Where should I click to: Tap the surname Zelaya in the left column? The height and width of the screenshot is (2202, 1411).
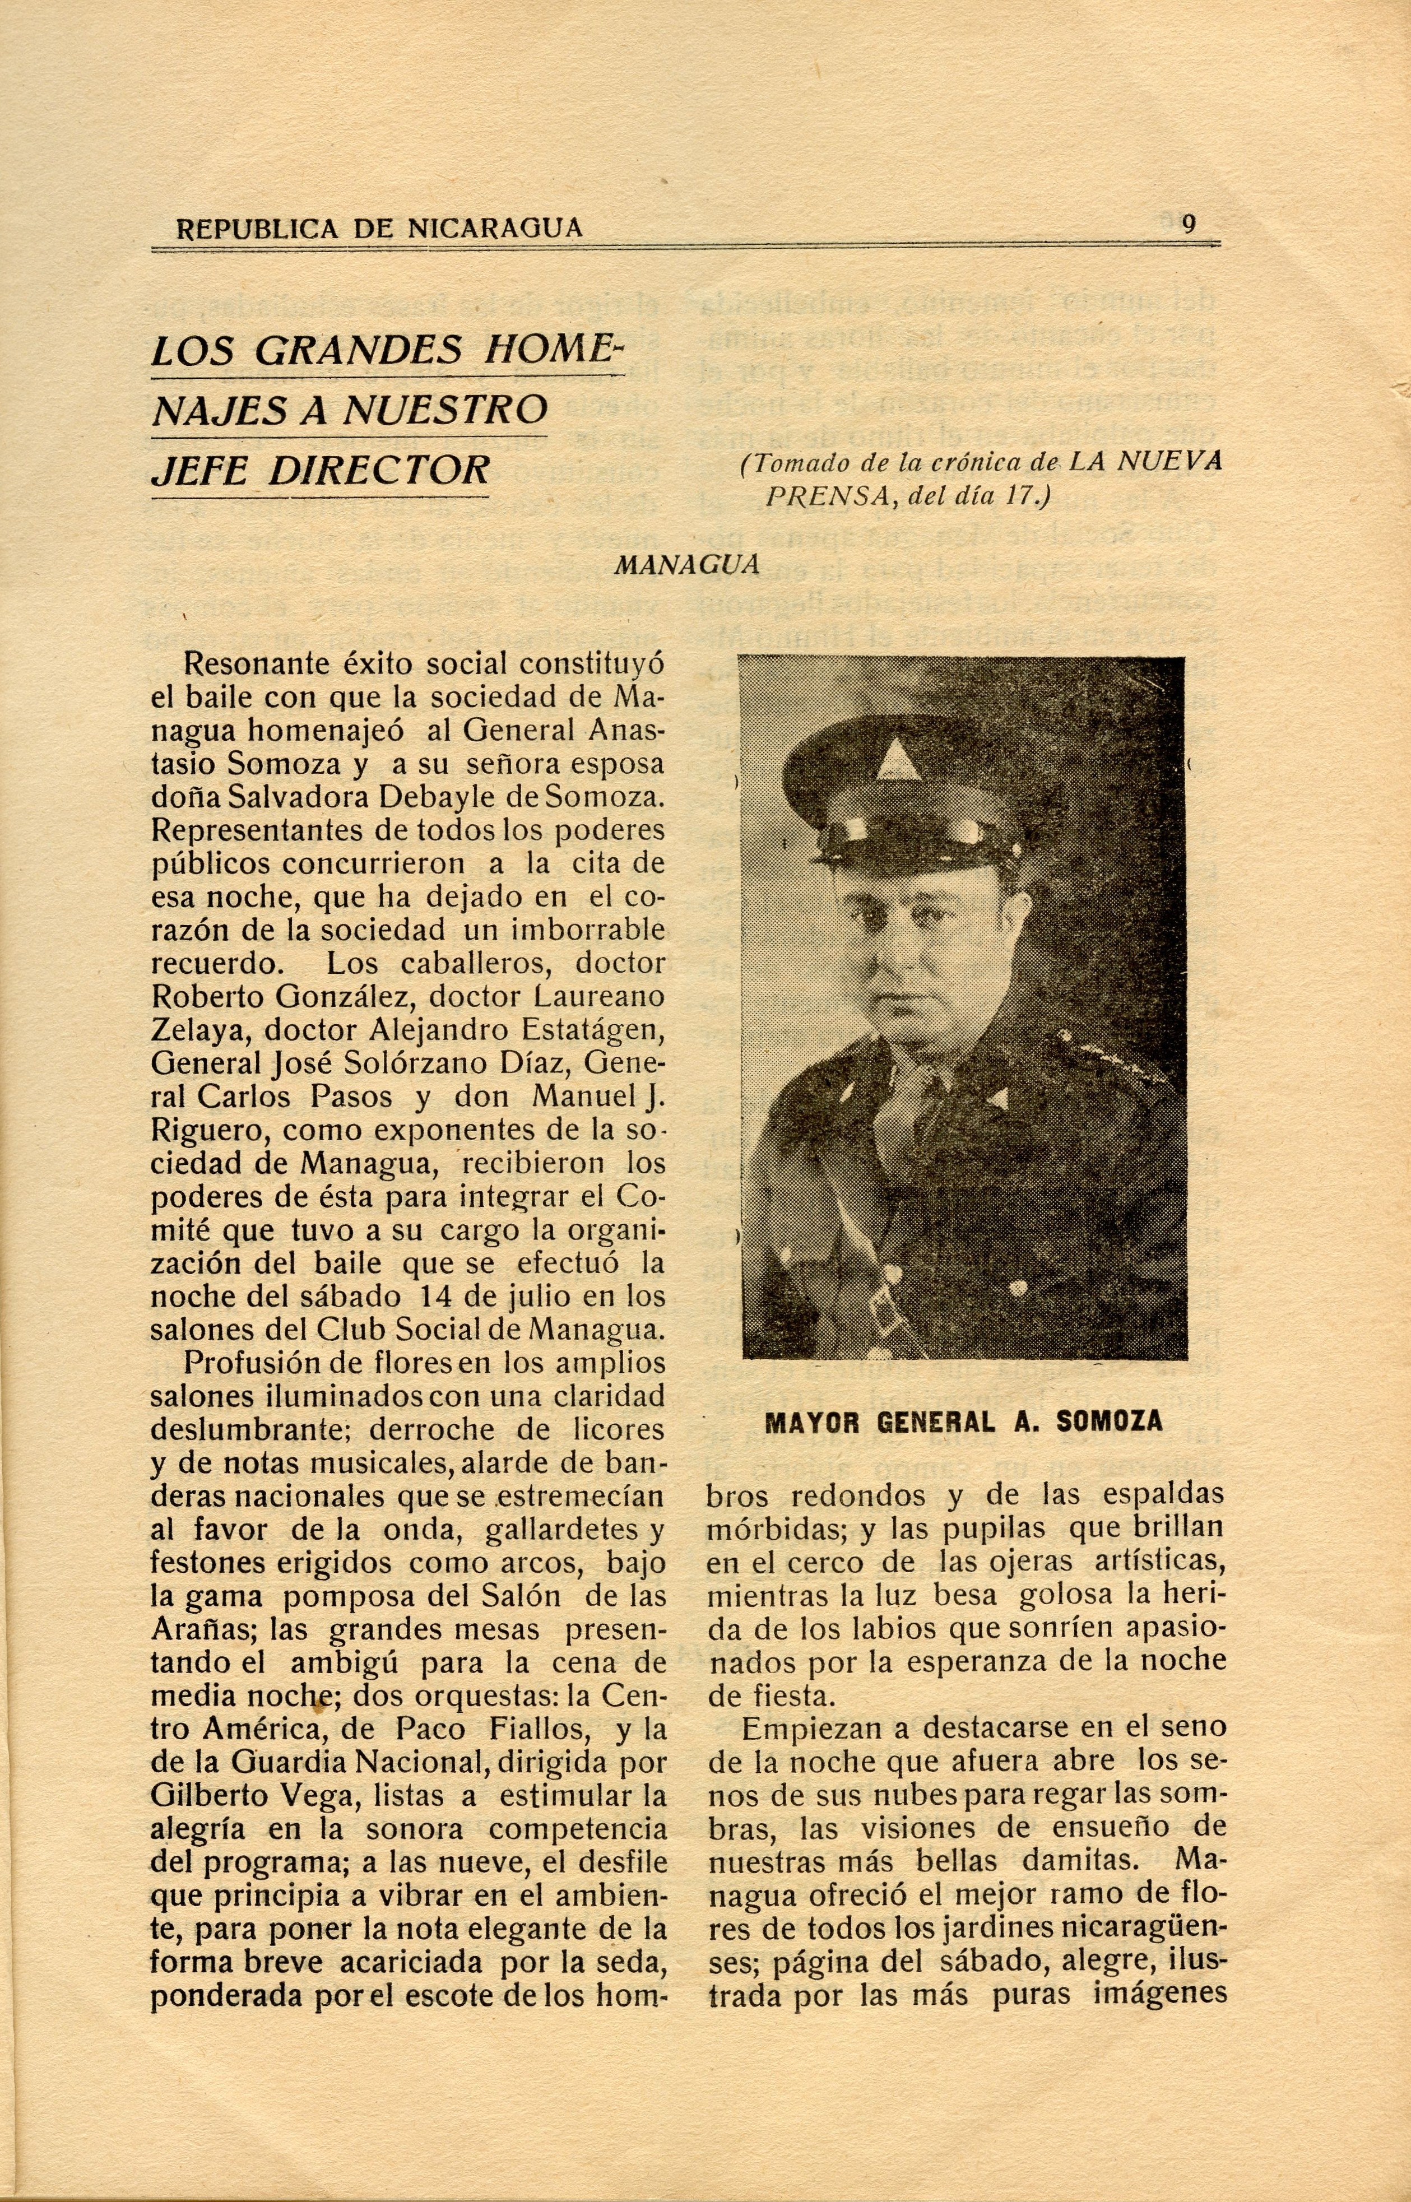199,1029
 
